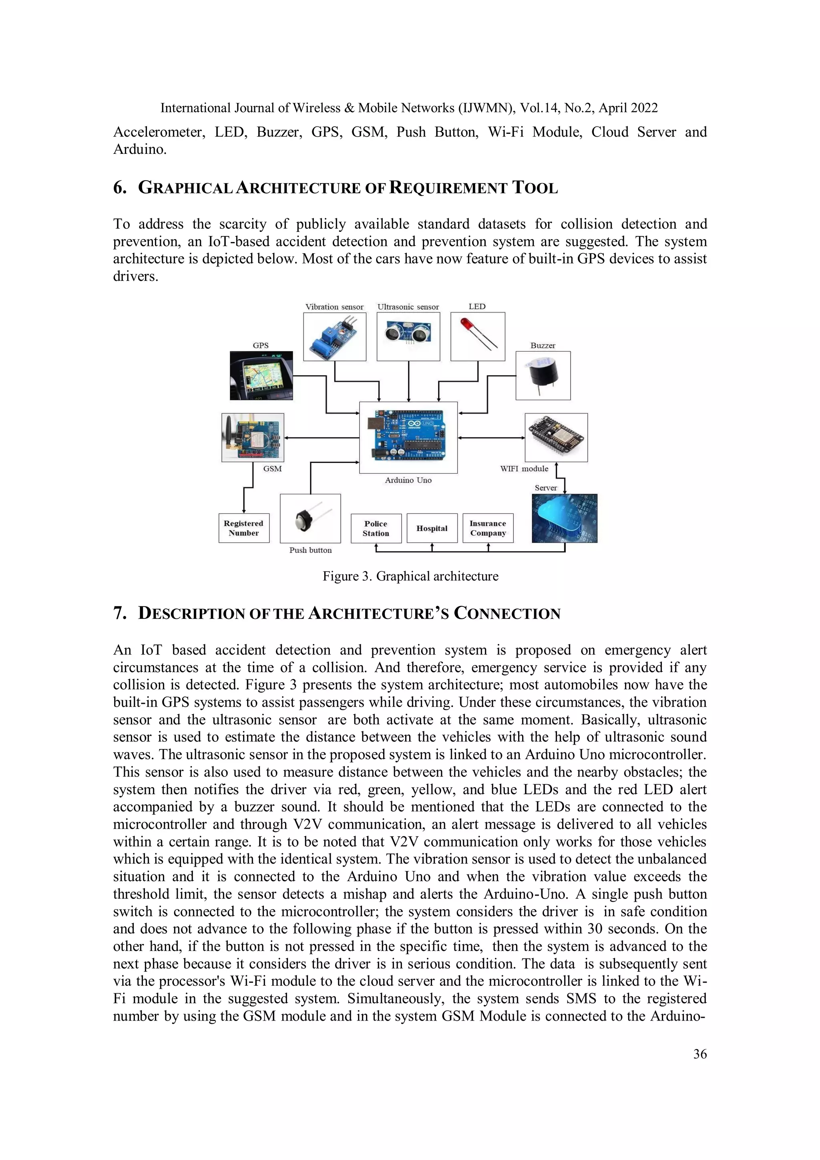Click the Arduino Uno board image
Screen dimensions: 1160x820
click(x=408, y=437)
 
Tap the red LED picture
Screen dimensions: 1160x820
click(x=477, y=336)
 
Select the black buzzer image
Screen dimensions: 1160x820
click(x=543, y=375)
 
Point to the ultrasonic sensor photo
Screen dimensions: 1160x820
click(x=408, y=336)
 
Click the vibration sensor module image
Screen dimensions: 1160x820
click(x=334, y=336)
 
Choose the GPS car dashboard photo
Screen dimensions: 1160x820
click(x=261, y=375)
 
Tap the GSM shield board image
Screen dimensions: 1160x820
click(x=253, y=437)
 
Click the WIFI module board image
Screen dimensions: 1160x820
click(x=556, y=437)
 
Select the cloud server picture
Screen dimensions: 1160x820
click(x=564, y=518)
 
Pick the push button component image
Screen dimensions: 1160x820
click(x=310, y=518)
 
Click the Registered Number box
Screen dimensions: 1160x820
click(x=243, y=528)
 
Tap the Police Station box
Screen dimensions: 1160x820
click(x=376, y=528)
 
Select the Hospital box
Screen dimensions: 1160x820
click(x=432, y=528)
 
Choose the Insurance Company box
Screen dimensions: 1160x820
click(x=488, y=528)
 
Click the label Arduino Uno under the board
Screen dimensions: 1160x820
click(x=408, y=480)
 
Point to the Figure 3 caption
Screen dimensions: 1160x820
click(x=410, y=576)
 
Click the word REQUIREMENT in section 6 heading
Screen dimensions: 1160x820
click(x=448, y=188)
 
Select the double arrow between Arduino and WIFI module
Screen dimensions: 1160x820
click(x=491, y=437)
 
